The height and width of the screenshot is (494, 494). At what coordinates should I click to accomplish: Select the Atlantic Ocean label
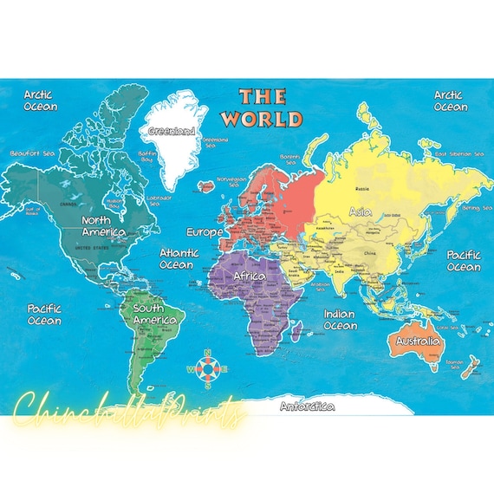pyautogui.click(x=179, y=258)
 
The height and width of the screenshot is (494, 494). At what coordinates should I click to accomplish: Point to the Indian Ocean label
pyautogui.click(x=340, y=320)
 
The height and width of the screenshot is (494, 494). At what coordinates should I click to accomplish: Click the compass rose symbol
pyautogui.click(x=207, y=368)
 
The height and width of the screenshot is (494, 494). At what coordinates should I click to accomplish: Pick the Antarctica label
pyautogui.click(x=307, y=406)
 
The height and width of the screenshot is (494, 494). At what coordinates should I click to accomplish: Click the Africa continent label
pyautogui.click(x=250, y=276)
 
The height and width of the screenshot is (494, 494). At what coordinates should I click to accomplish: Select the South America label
pyautogui.click(x=155, y=314)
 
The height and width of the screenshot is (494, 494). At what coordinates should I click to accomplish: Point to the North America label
pyautogui.click(x=103, y=226)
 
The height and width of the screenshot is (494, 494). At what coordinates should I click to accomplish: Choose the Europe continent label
pyautogui.click(x=205, y=232)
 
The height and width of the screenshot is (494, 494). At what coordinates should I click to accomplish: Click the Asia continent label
pyautogui.click(x=361, y=211)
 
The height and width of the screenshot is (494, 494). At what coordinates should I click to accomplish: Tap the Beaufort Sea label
pyautogui.click(x=31, y=153)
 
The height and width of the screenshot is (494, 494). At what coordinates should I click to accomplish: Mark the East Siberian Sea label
pyautogui.click(x=459, y=153)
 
